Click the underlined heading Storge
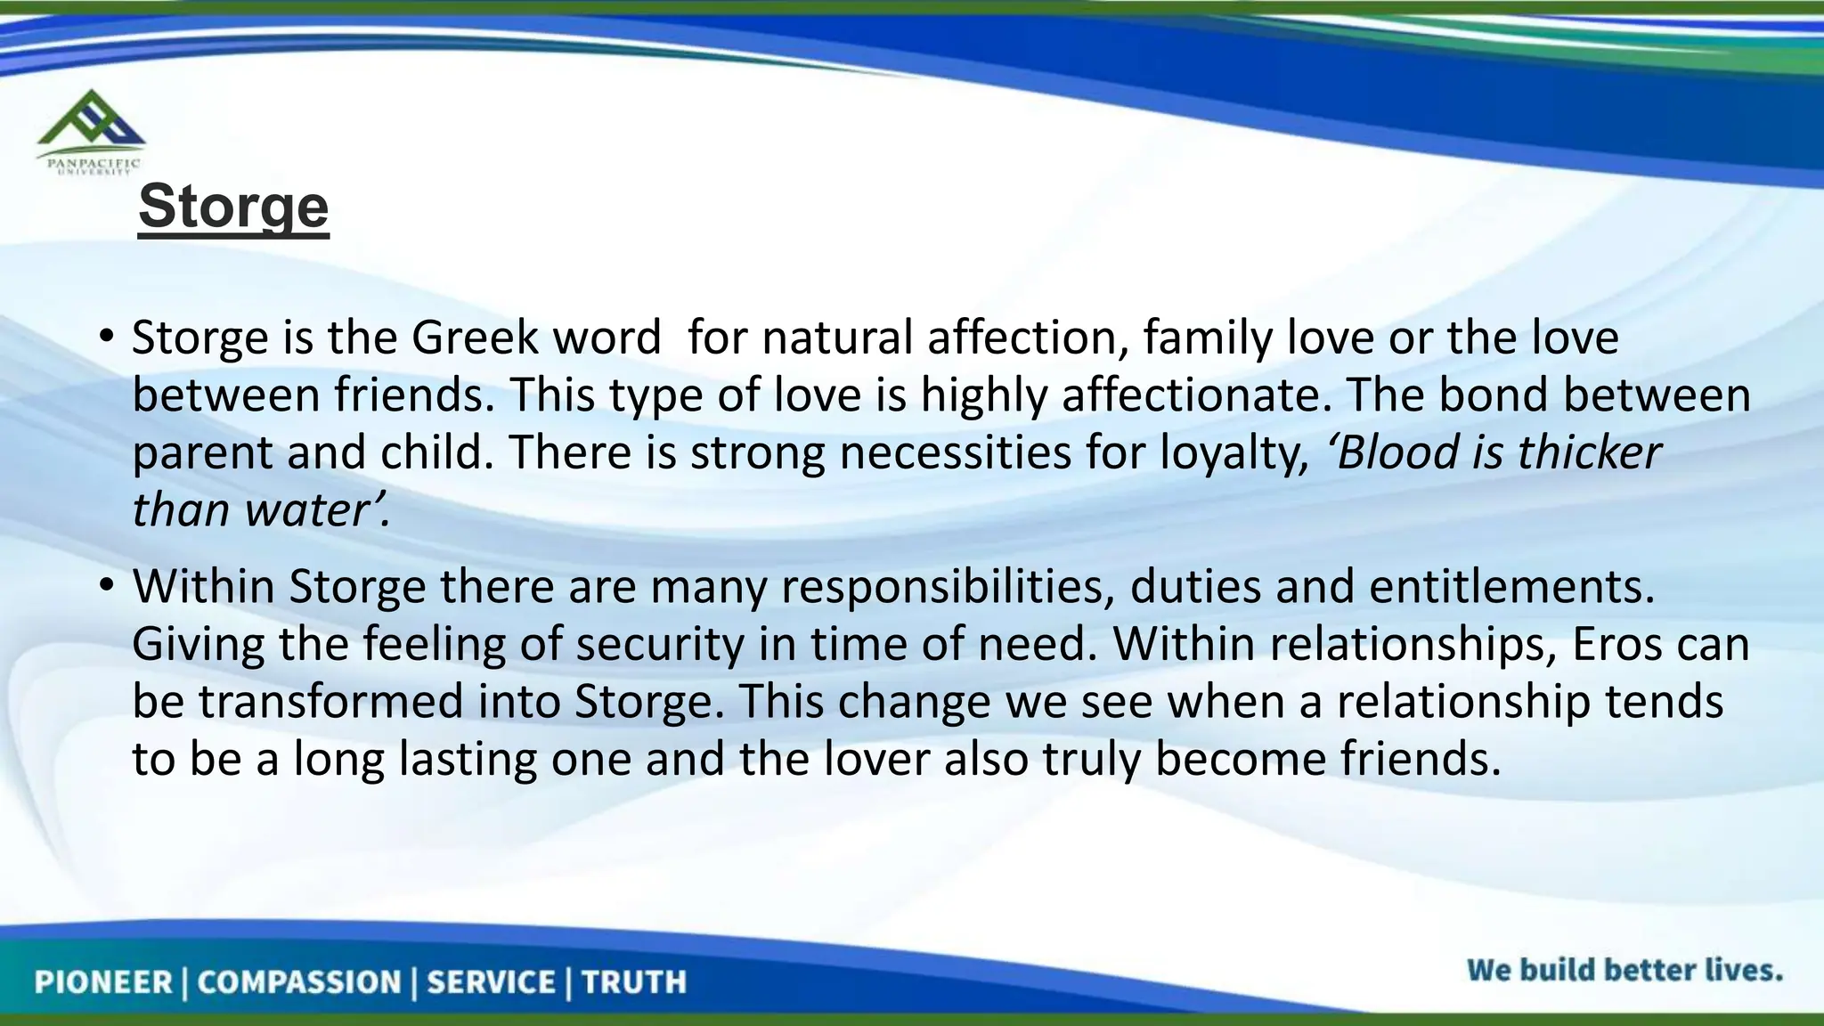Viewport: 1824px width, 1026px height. tap(233, 207)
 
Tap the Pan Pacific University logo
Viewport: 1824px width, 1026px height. tap(90, 132)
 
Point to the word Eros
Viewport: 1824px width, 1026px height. tap(1616, 644)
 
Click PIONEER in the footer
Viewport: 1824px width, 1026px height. tap(103, 982)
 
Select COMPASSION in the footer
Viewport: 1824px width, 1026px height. tap(299, 982)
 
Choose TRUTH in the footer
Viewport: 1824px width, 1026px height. tap(634, 982)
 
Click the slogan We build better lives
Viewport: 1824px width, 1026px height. tap(1624, 970)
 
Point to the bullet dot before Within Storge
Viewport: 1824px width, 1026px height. tap(107, 585)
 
